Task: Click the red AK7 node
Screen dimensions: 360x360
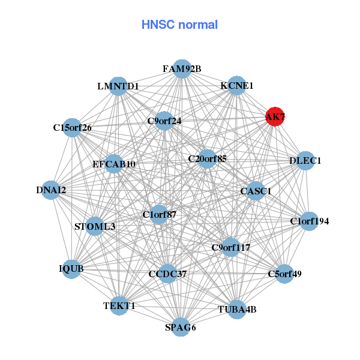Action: (x=275, y=116)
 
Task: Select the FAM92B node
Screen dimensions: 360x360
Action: (x=182, y=69)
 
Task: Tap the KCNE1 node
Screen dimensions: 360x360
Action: (x=237, y=86)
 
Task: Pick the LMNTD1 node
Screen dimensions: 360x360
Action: (x=118, y=86)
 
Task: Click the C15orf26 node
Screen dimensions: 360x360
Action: (x=72, y=127)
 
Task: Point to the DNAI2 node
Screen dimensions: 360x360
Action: (x=52, y=190)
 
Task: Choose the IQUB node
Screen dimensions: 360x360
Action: (x=71, y=269)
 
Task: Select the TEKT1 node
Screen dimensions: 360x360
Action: (x=119, y=305)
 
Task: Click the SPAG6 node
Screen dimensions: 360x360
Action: (x=181, y=327)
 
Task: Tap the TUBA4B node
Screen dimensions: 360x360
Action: (x=236, y=310)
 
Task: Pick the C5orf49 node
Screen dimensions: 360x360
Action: (x=284, y=274)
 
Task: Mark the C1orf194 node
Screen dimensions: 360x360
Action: (x=309, y=221)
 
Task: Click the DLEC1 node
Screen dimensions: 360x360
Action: (x=305, y=161)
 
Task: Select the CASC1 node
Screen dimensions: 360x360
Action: (x=256, y=191)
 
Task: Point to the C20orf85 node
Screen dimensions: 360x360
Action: (x=207, y=159)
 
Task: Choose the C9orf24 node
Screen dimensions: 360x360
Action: (x=164, y=121)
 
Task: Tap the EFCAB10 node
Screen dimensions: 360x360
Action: (x=114, y=164)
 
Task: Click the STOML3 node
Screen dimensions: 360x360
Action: (x=95, y=226)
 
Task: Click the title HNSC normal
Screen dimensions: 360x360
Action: (x=179, y=25)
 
